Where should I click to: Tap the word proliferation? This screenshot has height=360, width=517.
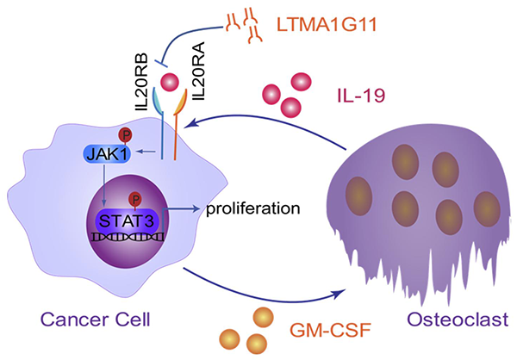pyautogui.click(x=252, y=208)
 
